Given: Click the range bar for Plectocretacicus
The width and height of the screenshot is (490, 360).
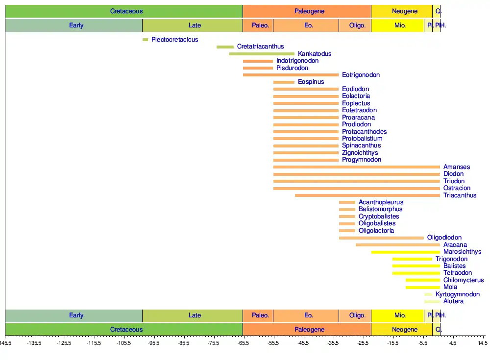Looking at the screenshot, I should tap(145, 40).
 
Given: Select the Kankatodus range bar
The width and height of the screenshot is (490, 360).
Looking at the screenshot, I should tap(262, 54).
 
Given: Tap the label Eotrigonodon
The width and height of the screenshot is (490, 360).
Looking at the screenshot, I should tap(361, 75).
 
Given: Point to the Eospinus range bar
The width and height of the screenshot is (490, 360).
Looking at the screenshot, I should tap(284, 82).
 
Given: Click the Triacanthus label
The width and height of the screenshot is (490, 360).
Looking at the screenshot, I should tap(460, 195).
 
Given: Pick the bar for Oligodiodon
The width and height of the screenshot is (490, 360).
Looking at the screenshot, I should tap(381, 238).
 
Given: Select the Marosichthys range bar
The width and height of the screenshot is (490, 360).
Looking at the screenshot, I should tap(406, 252).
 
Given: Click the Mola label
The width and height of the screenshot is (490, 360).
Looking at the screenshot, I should tap(450, 287).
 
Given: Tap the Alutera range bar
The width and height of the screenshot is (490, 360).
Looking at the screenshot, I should tap(432, 301).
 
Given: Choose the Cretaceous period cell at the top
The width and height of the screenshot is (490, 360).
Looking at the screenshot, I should tap(126, 11).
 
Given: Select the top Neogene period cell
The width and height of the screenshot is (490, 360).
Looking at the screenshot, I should tap(405, 11).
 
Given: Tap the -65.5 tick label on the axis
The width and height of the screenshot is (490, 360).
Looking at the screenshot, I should tap(243, 343).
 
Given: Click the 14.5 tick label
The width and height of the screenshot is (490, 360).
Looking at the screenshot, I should tap(482, 343).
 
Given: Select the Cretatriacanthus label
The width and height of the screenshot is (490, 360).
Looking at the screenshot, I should tap(260, 47).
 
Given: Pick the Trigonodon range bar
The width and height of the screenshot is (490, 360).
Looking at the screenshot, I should tap(412, 259).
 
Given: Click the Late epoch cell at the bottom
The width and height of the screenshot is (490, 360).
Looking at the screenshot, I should tap(195, 315).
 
